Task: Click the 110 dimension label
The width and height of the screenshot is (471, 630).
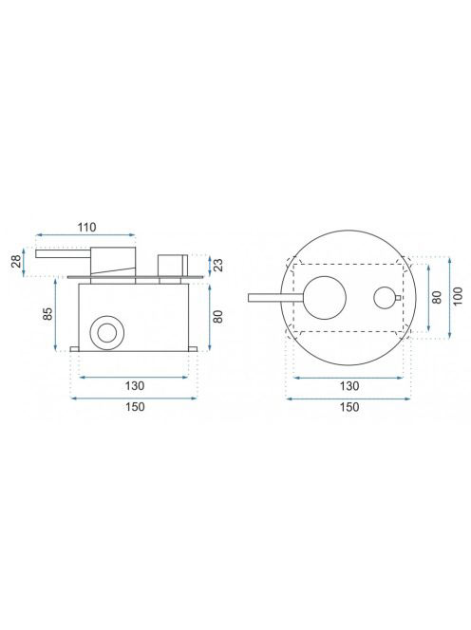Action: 86,228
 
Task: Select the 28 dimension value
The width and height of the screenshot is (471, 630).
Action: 16,262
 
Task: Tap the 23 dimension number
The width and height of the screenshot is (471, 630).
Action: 218,265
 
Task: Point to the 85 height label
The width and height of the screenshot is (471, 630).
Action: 47,313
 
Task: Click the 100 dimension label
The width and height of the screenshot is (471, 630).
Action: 458,296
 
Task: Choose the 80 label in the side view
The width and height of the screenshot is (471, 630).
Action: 218,317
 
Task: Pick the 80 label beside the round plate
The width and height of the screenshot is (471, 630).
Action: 437,297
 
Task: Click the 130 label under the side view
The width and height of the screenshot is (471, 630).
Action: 134,386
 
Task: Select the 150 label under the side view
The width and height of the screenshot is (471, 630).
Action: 135,407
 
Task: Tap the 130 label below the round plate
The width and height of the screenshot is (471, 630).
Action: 349,386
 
